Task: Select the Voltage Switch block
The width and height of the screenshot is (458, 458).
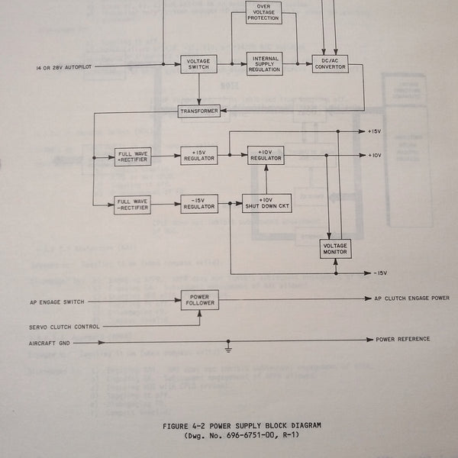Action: pos(198,64)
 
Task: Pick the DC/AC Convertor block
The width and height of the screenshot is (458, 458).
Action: pos(330,64)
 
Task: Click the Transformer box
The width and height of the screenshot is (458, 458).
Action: pos(199,111)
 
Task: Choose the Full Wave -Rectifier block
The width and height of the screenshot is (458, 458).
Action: pos(133,204)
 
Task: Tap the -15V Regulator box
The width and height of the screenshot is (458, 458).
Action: pos(199,204)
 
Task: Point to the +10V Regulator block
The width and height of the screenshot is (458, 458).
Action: pos(265,155)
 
